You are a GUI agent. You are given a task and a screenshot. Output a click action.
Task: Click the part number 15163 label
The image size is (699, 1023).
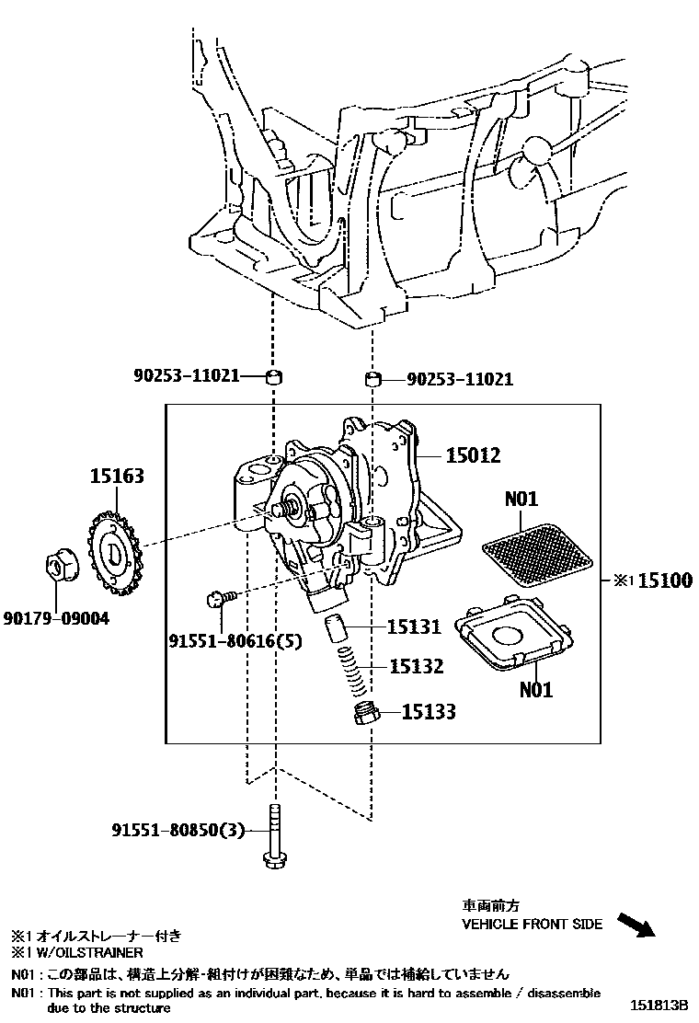pos(117,476)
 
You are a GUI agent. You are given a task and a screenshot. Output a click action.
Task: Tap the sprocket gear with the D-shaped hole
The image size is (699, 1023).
pos(117,554)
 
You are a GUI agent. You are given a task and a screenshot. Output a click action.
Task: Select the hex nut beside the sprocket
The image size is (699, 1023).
pos(61,565)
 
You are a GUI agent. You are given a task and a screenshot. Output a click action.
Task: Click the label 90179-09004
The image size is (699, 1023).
pos(56,618)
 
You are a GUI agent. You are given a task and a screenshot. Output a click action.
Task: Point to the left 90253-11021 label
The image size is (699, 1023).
pos(187,375)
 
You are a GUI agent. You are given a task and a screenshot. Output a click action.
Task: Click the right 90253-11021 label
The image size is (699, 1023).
pos(460,379)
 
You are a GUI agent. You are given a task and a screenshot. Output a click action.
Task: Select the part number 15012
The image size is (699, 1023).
pos(473,454)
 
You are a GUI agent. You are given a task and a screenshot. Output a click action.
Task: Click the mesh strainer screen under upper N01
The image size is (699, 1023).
pos(537,553)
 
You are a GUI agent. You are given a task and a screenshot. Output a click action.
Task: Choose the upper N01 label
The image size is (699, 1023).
pos(521,499)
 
